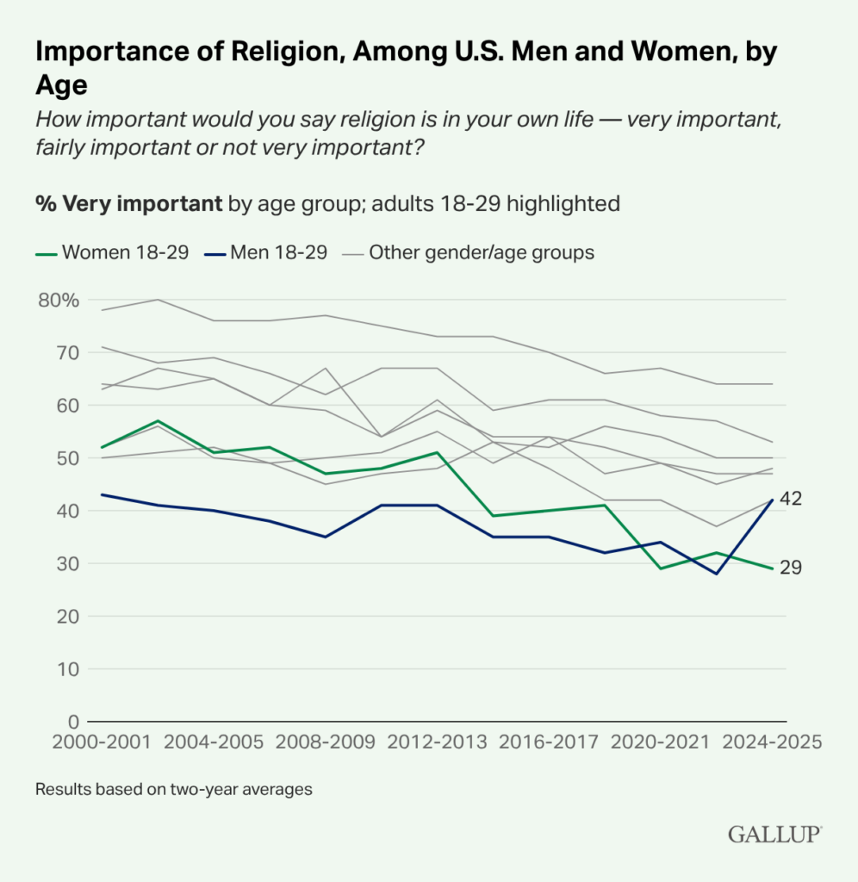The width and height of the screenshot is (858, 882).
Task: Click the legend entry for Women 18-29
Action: (112, 253)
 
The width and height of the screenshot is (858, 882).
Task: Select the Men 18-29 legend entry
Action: (266, 253)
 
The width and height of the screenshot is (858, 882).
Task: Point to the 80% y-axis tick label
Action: (59, 300)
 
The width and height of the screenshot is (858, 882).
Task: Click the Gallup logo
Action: (774, 834)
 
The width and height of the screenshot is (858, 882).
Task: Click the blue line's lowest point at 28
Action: (715, 574)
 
